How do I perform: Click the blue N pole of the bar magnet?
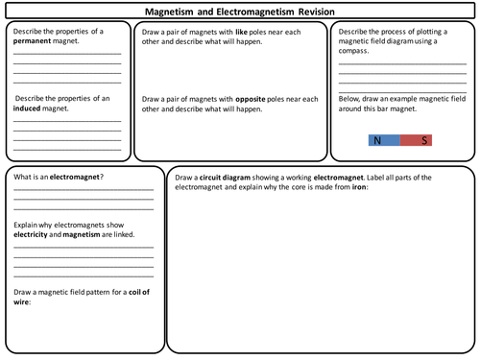coord(379,140)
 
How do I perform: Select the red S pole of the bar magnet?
coord(423,140)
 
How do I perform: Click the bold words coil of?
coord(136,291)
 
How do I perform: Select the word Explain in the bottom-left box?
coord(26,224)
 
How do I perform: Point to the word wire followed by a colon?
coord(21,300)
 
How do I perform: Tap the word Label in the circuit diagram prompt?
coord(368,178)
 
